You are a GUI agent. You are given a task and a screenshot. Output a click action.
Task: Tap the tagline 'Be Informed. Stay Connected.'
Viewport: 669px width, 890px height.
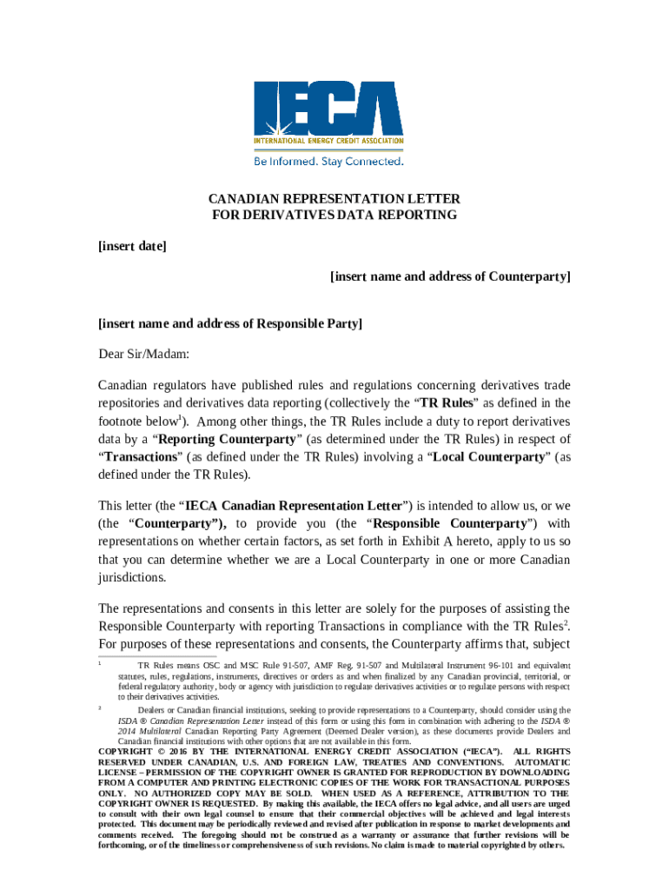328,162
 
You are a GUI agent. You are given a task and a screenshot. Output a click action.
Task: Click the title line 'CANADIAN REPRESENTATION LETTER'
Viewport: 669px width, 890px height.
334,198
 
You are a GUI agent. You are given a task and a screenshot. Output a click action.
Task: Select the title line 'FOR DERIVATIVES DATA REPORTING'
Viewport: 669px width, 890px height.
334,215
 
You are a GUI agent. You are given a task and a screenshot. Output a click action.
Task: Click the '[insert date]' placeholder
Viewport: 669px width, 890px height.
132,246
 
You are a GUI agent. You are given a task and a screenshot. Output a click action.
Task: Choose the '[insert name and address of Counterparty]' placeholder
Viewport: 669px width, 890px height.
450,276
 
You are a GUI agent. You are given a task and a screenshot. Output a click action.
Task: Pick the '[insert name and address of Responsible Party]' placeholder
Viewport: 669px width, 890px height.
230,323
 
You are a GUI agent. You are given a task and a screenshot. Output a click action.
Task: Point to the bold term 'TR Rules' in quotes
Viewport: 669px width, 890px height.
447,403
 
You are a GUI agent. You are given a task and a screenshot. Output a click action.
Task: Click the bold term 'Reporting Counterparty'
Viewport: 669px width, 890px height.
229,438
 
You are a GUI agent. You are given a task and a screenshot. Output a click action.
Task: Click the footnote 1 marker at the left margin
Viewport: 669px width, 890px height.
101,664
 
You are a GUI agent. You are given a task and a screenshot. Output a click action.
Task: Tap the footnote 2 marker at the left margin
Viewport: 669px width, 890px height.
101,708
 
